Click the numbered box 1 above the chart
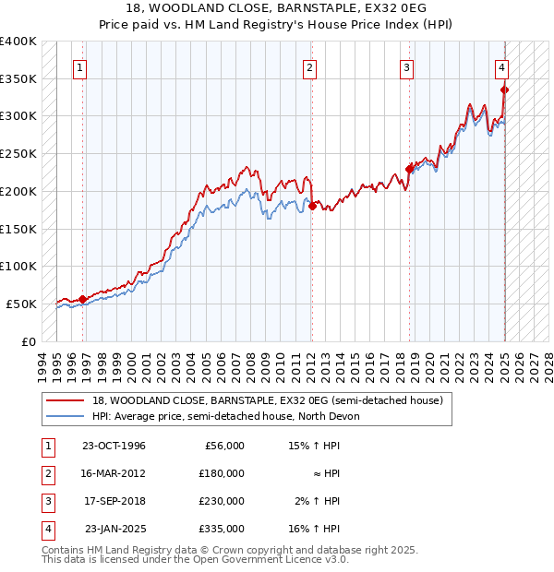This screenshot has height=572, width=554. [x=81, y=66]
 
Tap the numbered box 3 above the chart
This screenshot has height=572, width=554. [x=406, y=66]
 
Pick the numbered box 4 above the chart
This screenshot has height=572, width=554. [x=500, y=66]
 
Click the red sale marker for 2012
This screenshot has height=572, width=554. [x=312, y=207]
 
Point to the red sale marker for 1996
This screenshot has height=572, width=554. [x=83, y=299]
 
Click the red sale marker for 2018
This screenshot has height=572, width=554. [x=409, y=169]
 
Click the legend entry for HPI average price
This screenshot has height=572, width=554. [x=231, y=416]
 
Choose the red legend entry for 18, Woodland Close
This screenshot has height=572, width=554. [x=268, y=400]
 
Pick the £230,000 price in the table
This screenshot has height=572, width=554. [x=223, y=501]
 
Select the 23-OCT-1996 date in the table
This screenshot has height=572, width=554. [x=114, y=446]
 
